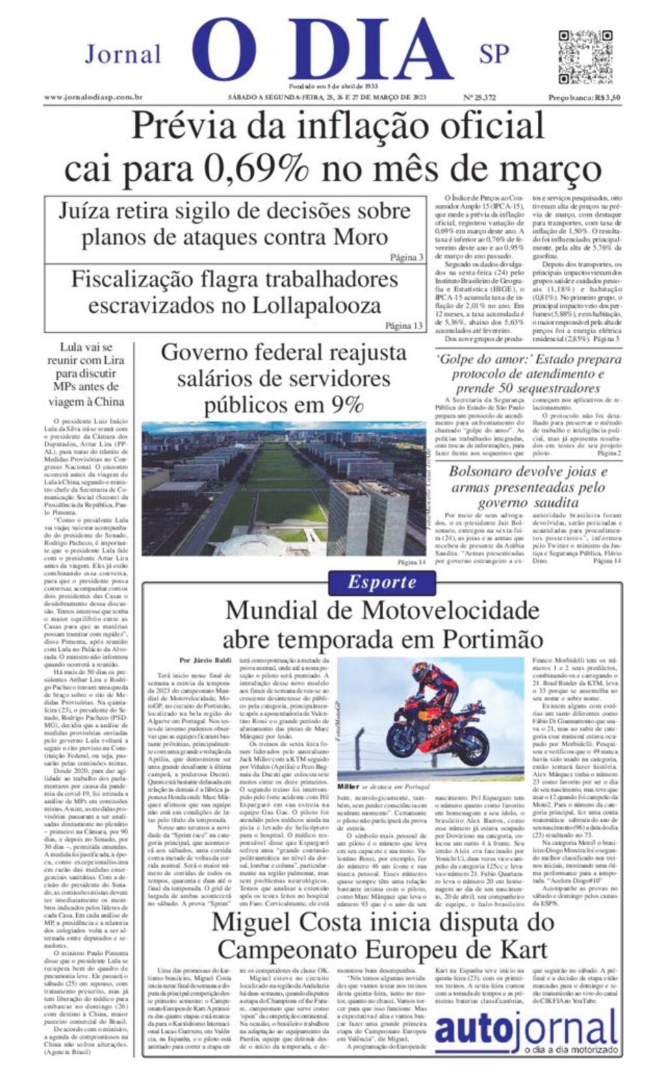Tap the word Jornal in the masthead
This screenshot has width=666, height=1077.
123,54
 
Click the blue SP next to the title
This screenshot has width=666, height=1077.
494,55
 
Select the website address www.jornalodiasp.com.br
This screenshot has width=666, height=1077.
94,98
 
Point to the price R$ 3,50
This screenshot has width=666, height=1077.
602,98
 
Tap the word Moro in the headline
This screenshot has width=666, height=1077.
360,237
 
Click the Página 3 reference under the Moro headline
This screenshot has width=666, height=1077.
406,258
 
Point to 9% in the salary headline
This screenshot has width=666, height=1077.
347,405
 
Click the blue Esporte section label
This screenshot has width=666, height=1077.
381,582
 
